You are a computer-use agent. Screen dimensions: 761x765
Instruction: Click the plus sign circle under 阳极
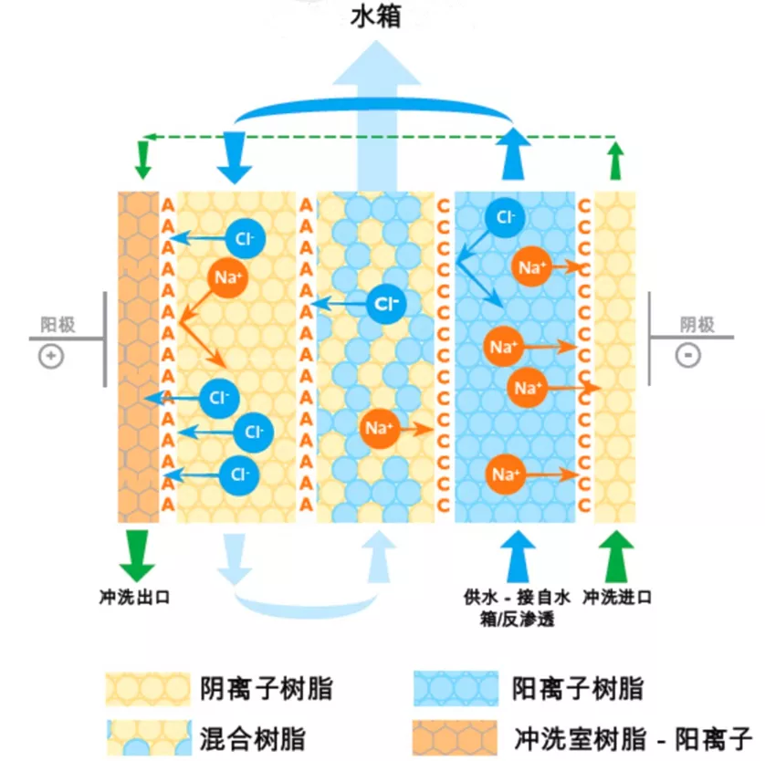pos(50,355)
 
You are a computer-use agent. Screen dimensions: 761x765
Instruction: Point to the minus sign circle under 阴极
pos(687,355)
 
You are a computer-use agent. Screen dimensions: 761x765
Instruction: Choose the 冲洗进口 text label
pos(618,598)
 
